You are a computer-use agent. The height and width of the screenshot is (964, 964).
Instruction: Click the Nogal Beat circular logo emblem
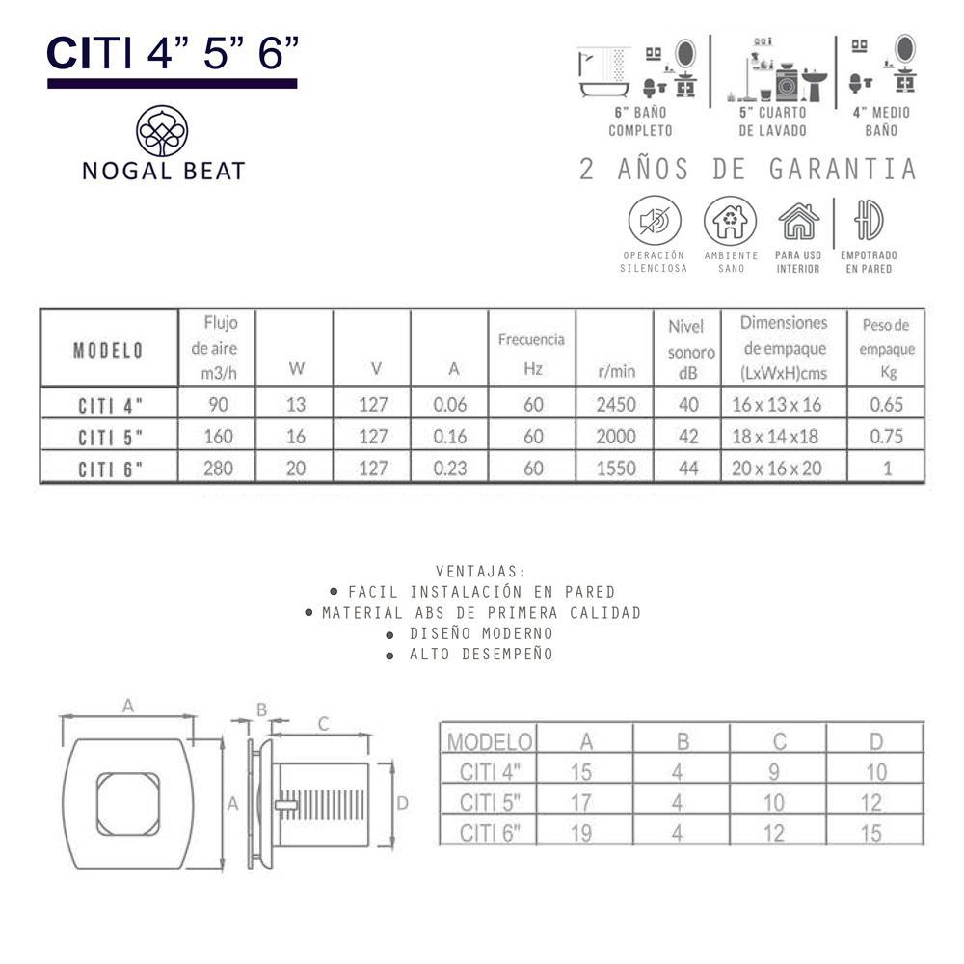(161, 130)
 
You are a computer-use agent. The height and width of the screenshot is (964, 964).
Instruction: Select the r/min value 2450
(616, 405)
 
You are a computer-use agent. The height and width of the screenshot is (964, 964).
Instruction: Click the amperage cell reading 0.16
(450, 437)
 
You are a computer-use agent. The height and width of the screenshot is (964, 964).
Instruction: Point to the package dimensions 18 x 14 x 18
(783, 437)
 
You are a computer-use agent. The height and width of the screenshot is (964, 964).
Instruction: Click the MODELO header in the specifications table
(108, 349)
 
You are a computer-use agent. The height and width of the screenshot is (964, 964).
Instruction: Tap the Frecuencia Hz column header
(531, 353)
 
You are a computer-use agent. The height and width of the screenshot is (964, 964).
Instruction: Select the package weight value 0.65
(886, 405)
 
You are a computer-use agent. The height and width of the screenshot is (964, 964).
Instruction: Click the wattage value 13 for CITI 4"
(296, 405)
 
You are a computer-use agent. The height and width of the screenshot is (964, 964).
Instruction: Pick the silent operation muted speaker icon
(655, 221)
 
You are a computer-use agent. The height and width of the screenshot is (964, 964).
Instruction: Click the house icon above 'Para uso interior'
(798, 222)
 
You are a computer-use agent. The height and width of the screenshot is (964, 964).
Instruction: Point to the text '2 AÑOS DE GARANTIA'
(747, 170)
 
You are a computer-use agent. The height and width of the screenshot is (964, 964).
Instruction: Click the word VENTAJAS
(481, 571)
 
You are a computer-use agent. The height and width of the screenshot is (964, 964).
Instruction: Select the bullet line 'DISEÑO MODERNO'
(481, 633)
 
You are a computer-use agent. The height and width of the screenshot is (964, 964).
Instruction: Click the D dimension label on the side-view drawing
(403, 802)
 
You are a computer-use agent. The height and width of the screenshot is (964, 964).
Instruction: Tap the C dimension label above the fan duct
(324, 723)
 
